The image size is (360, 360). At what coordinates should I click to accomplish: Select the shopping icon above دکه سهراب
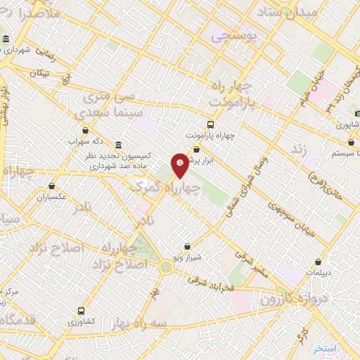(85, 130)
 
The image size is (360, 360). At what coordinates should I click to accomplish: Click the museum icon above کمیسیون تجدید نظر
(117, 144)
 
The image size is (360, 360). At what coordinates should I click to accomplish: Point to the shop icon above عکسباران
(52, 186)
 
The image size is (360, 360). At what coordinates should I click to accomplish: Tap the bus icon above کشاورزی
(82, 310)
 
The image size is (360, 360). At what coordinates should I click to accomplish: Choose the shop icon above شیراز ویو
(187, 247)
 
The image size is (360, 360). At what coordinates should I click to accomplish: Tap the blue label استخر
(326, 349)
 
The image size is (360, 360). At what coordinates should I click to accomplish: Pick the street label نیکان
(41, 73)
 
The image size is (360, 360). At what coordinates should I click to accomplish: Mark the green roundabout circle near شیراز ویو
(166, 266)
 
